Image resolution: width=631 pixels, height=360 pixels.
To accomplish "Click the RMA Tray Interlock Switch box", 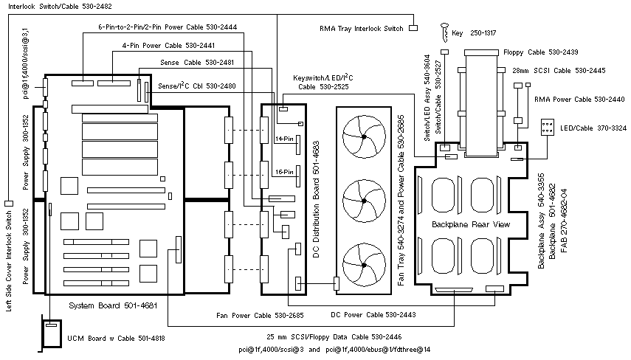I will (x=413, y=28).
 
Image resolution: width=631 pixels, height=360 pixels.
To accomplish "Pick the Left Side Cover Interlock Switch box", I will (x=9, y=203).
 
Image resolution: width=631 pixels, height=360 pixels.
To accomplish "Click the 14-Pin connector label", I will (x=284, y=139).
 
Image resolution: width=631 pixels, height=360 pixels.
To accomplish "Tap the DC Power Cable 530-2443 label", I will (x=373, y=315).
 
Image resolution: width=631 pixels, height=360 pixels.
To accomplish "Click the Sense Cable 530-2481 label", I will (x=197, y=63).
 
